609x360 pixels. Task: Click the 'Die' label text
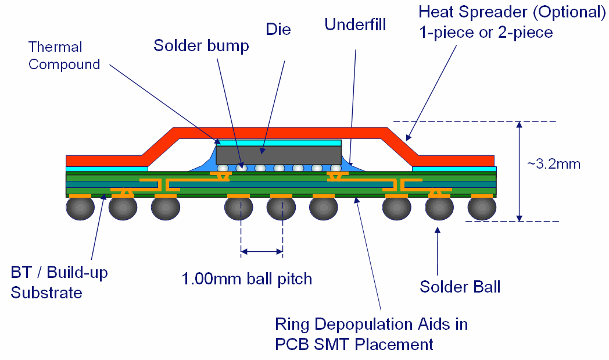click(278, 30)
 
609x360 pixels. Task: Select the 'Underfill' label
click(355, 25)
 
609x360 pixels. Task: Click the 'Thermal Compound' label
click(64, 56)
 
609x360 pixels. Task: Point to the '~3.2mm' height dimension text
click(553, 164)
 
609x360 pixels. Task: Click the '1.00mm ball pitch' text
click(247, 279)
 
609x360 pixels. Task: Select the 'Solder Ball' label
click(460, 286)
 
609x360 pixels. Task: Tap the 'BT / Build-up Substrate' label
click(59, 282)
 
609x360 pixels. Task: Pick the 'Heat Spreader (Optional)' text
click(512, 12)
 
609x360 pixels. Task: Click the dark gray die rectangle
click(278, 155)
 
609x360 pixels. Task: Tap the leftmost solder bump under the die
click(223, 169)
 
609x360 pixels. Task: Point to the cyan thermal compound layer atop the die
click(278, 142)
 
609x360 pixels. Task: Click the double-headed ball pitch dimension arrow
click(261, 252)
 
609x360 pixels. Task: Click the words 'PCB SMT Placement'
click(354, 344)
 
